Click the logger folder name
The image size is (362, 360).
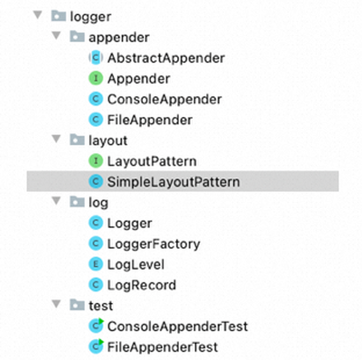91,17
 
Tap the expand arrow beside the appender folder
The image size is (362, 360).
56,36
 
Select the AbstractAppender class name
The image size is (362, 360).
166,58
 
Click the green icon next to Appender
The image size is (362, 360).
96,78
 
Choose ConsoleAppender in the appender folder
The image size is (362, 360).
165,99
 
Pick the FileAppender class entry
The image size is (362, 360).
150,121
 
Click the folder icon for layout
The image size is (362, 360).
77,139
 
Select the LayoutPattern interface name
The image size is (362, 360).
152,162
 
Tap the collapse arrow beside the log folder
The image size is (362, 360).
56,201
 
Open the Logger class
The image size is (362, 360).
130,224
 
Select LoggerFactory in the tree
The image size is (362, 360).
154,244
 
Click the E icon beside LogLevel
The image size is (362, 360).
96,264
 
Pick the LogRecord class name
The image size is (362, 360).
142,285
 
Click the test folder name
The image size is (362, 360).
101,306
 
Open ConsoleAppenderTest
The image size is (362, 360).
178,326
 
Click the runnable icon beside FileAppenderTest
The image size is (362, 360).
96,346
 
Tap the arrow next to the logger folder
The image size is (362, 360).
37,15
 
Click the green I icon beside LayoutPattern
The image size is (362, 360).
96,161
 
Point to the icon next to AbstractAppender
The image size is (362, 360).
96,58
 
